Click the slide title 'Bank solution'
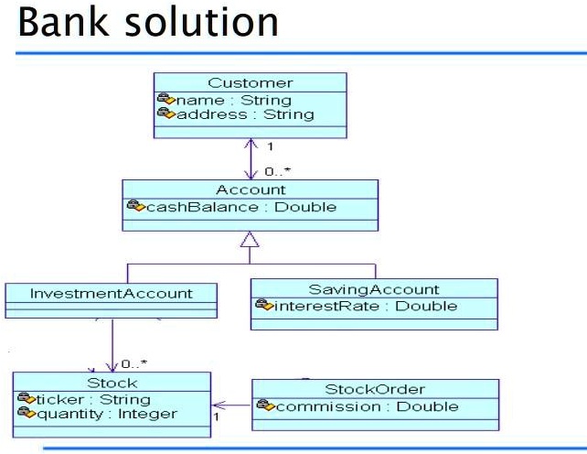point(148,22)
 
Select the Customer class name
point(250,84)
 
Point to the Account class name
point(250,189)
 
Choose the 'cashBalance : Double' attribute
point(242,206)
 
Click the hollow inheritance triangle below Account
point(250,242)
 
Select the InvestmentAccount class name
point(111,294)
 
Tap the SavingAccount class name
point(374,289)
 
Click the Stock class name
point(111,384)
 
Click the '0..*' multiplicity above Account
point(277,171)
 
